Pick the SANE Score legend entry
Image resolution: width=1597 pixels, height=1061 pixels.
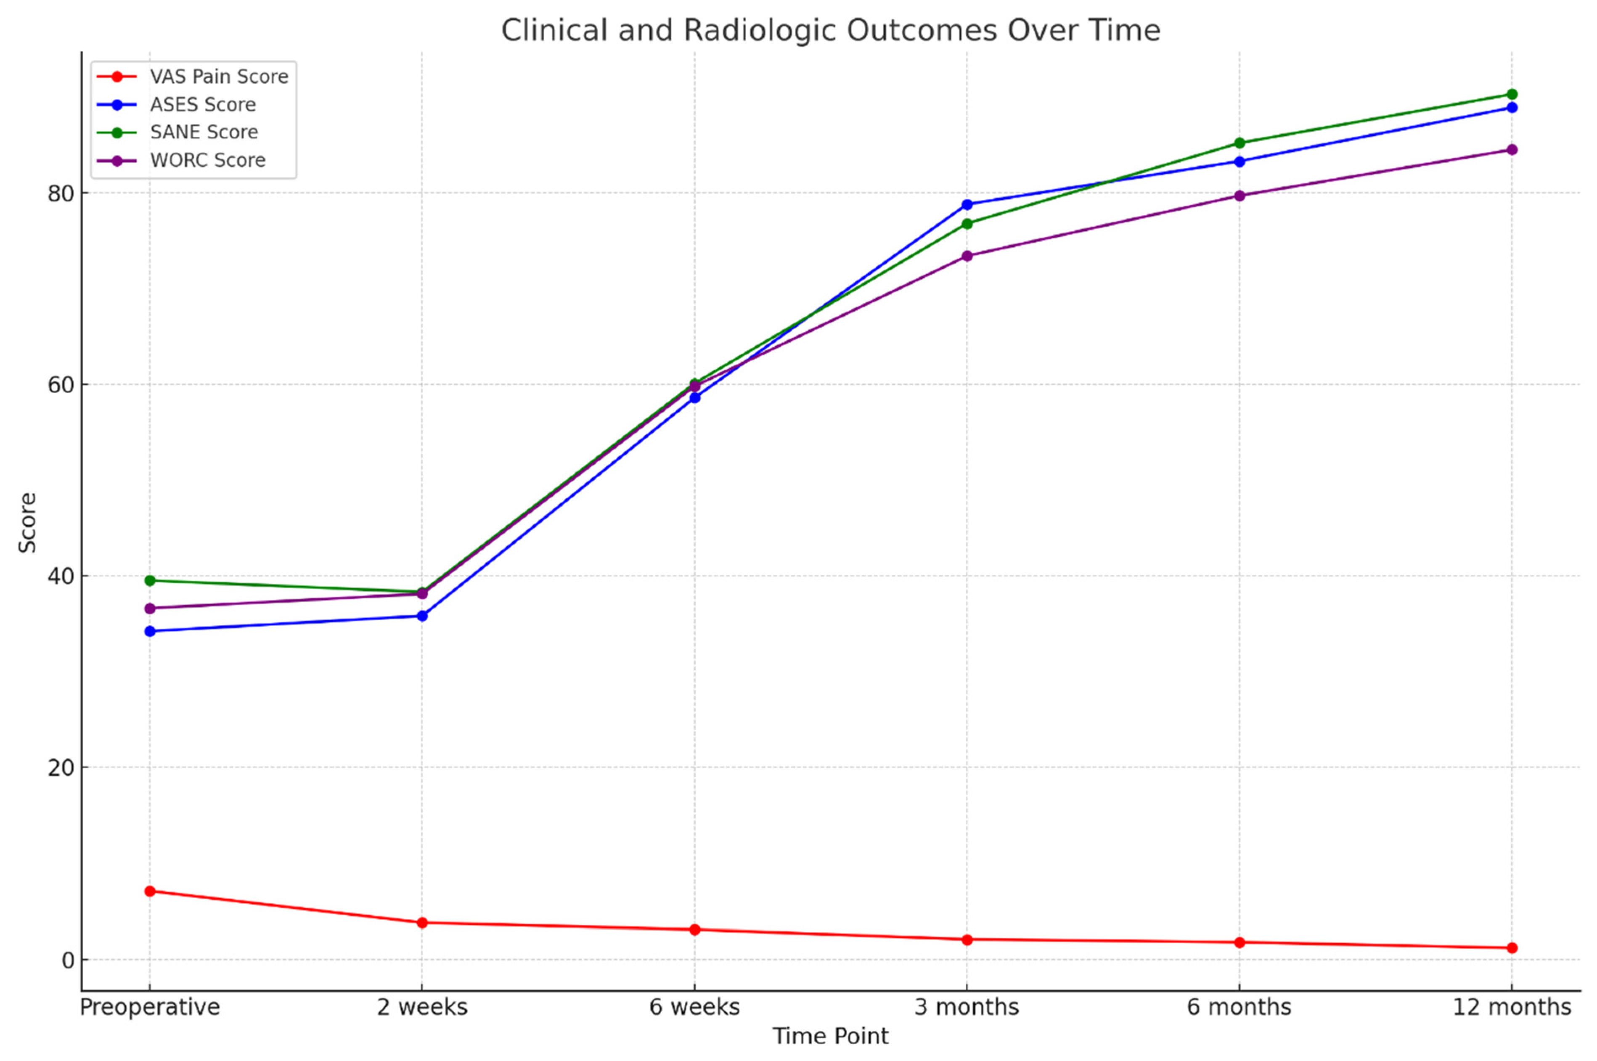click(x=204, y=132)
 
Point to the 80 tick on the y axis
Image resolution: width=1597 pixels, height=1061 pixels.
click(x=60, y=193)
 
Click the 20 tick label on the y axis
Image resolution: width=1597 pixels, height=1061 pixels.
click(x=60, y=768)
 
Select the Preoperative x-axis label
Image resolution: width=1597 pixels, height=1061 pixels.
click(x=150, y=1007)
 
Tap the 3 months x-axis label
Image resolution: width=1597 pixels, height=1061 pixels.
click(x=967, y=1007)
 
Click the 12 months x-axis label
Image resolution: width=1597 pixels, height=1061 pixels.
click(x=1512, y=1007)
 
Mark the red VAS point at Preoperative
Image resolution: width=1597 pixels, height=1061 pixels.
click(x=150, y=891)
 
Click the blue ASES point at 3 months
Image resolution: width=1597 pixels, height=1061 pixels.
click(x=967, y=204)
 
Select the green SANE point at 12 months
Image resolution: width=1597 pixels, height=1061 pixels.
click(x=1512, y=94)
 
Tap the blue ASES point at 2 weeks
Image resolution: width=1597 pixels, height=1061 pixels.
click(x=422, y=616)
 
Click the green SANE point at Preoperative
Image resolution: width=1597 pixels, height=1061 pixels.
click(x=150, y=581)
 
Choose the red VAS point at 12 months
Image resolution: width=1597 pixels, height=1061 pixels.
click(x=1512, y=948)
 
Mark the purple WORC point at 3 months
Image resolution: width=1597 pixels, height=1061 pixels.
click(x=967, y=256)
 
